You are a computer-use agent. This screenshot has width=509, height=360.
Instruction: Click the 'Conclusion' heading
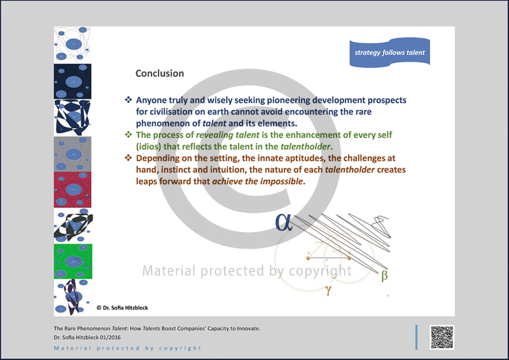[x=160, y=73]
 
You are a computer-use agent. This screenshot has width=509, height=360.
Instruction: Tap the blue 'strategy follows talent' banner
[x=389, y=53]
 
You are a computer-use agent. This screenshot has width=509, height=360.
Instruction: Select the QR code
[x=442, y=337]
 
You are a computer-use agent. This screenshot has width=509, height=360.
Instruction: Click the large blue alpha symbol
[x=284, y=223]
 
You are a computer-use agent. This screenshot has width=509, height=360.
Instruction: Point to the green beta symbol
[x=384, y=275]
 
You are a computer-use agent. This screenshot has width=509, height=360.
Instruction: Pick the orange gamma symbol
[x=328, y=289]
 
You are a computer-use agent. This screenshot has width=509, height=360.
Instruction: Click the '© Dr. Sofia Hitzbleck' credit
[x=122, y=308]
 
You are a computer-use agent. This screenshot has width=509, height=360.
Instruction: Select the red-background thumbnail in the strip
[x=73, y=190]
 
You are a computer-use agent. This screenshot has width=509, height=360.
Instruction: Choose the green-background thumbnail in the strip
[x=73, y=261]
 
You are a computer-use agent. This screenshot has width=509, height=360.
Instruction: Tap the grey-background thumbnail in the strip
[x=73, y=154]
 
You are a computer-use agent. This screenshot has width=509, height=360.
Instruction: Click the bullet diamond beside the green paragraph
[x=129, y=134]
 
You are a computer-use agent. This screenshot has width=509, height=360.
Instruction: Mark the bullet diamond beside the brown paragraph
[x=129, y=158]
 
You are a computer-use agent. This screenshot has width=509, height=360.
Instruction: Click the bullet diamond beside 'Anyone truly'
[x=129, y=100]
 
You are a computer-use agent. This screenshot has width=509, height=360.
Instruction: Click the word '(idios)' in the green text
[x=148, y=147]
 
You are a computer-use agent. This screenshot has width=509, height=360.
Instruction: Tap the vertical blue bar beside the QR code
[x=416, y=337]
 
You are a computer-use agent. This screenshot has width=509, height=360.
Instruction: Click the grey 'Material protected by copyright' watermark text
[x=247, y=271]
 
